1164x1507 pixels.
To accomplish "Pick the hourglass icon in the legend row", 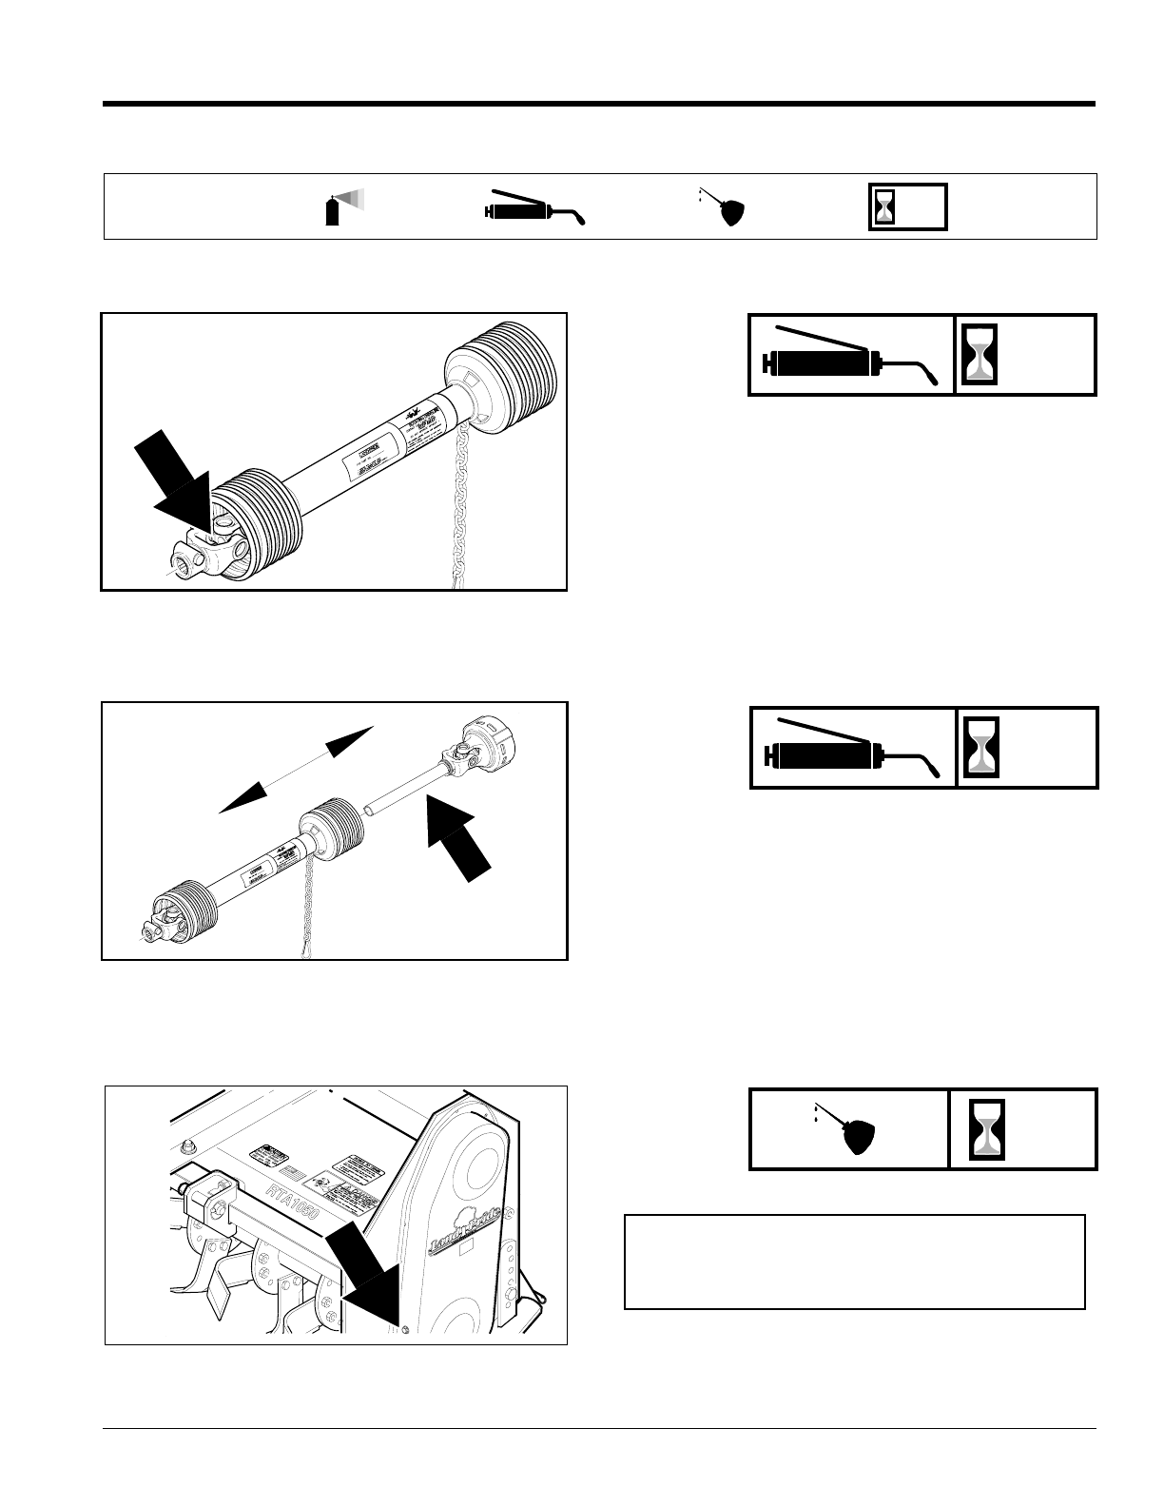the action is coord(885,207).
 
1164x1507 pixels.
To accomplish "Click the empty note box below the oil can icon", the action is coord(854,1262).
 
